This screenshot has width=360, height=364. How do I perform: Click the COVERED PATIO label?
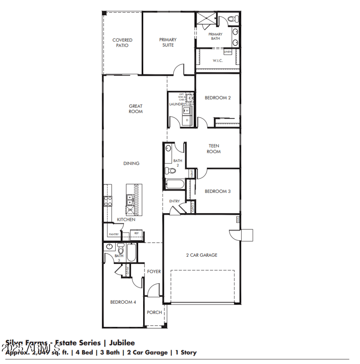click(x=122, y=43)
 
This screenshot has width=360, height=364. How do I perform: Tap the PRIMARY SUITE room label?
click(x=167, y=42)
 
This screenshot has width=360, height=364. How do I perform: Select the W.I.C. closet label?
click(x=217, y=60)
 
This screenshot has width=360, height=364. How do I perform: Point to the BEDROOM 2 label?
click(x=218, y=97)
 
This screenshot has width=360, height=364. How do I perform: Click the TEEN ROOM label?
click(x=214, y=149)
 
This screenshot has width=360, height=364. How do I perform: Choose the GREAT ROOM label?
click(x=135, y=109)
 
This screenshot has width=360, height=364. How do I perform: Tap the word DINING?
click(x=131, y=164)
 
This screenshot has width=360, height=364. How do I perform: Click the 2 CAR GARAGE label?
click(x=202, y=255)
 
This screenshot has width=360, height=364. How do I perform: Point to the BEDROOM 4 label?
click(x=123, y=302)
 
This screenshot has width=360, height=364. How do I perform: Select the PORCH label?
click(x=154, y=313)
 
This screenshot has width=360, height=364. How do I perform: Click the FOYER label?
click(x=154, y=272)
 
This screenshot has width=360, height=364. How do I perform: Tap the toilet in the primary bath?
click(x=232, y=19)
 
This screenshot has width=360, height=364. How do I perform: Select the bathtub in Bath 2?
click(x=175, y=184)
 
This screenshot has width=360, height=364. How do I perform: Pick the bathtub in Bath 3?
click(x=131, y=253)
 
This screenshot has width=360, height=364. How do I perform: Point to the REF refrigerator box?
click(x=137, y=233)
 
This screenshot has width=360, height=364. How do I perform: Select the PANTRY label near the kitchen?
click(x=113, y=234)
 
